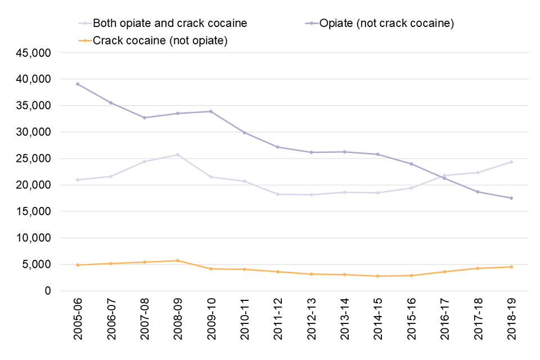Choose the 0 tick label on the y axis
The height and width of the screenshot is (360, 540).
48,291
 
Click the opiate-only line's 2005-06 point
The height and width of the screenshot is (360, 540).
78,84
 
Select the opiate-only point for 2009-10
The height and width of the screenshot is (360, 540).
211,111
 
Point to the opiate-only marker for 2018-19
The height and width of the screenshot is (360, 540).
511,198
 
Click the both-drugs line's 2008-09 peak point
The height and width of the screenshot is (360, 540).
178,155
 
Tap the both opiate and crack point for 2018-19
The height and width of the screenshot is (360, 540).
511,162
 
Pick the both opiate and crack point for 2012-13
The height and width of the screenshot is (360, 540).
311,195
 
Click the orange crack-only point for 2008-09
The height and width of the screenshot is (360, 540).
178,260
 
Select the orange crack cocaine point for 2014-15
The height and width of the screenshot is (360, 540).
378,276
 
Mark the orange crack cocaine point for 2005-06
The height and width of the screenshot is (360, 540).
78,265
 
